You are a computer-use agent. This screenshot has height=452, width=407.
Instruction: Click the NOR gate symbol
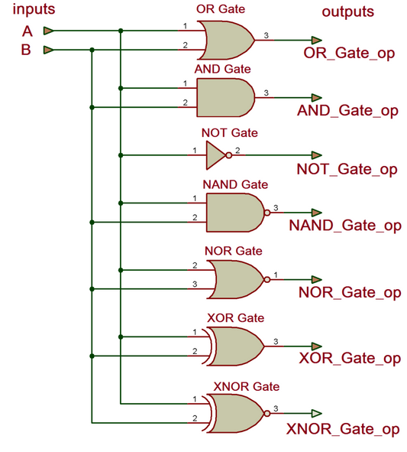tap(236, 279)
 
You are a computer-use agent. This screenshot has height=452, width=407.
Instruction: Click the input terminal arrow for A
tap(48, 31)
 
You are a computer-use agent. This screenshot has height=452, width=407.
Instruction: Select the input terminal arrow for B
tap(48, 50)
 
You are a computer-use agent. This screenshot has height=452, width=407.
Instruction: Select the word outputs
tap(347, 11)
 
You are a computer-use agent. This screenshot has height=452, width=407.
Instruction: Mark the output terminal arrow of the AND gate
tap(316, 98)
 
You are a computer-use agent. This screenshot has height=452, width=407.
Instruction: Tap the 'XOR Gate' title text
tap(235, 317)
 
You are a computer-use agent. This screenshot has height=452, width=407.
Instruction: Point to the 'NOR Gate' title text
tap(233, 251)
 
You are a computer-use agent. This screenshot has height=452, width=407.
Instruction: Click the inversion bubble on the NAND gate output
tap(266, 213)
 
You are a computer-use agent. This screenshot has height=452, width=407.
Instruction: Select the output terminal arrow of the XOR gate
tap(316, 346)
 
